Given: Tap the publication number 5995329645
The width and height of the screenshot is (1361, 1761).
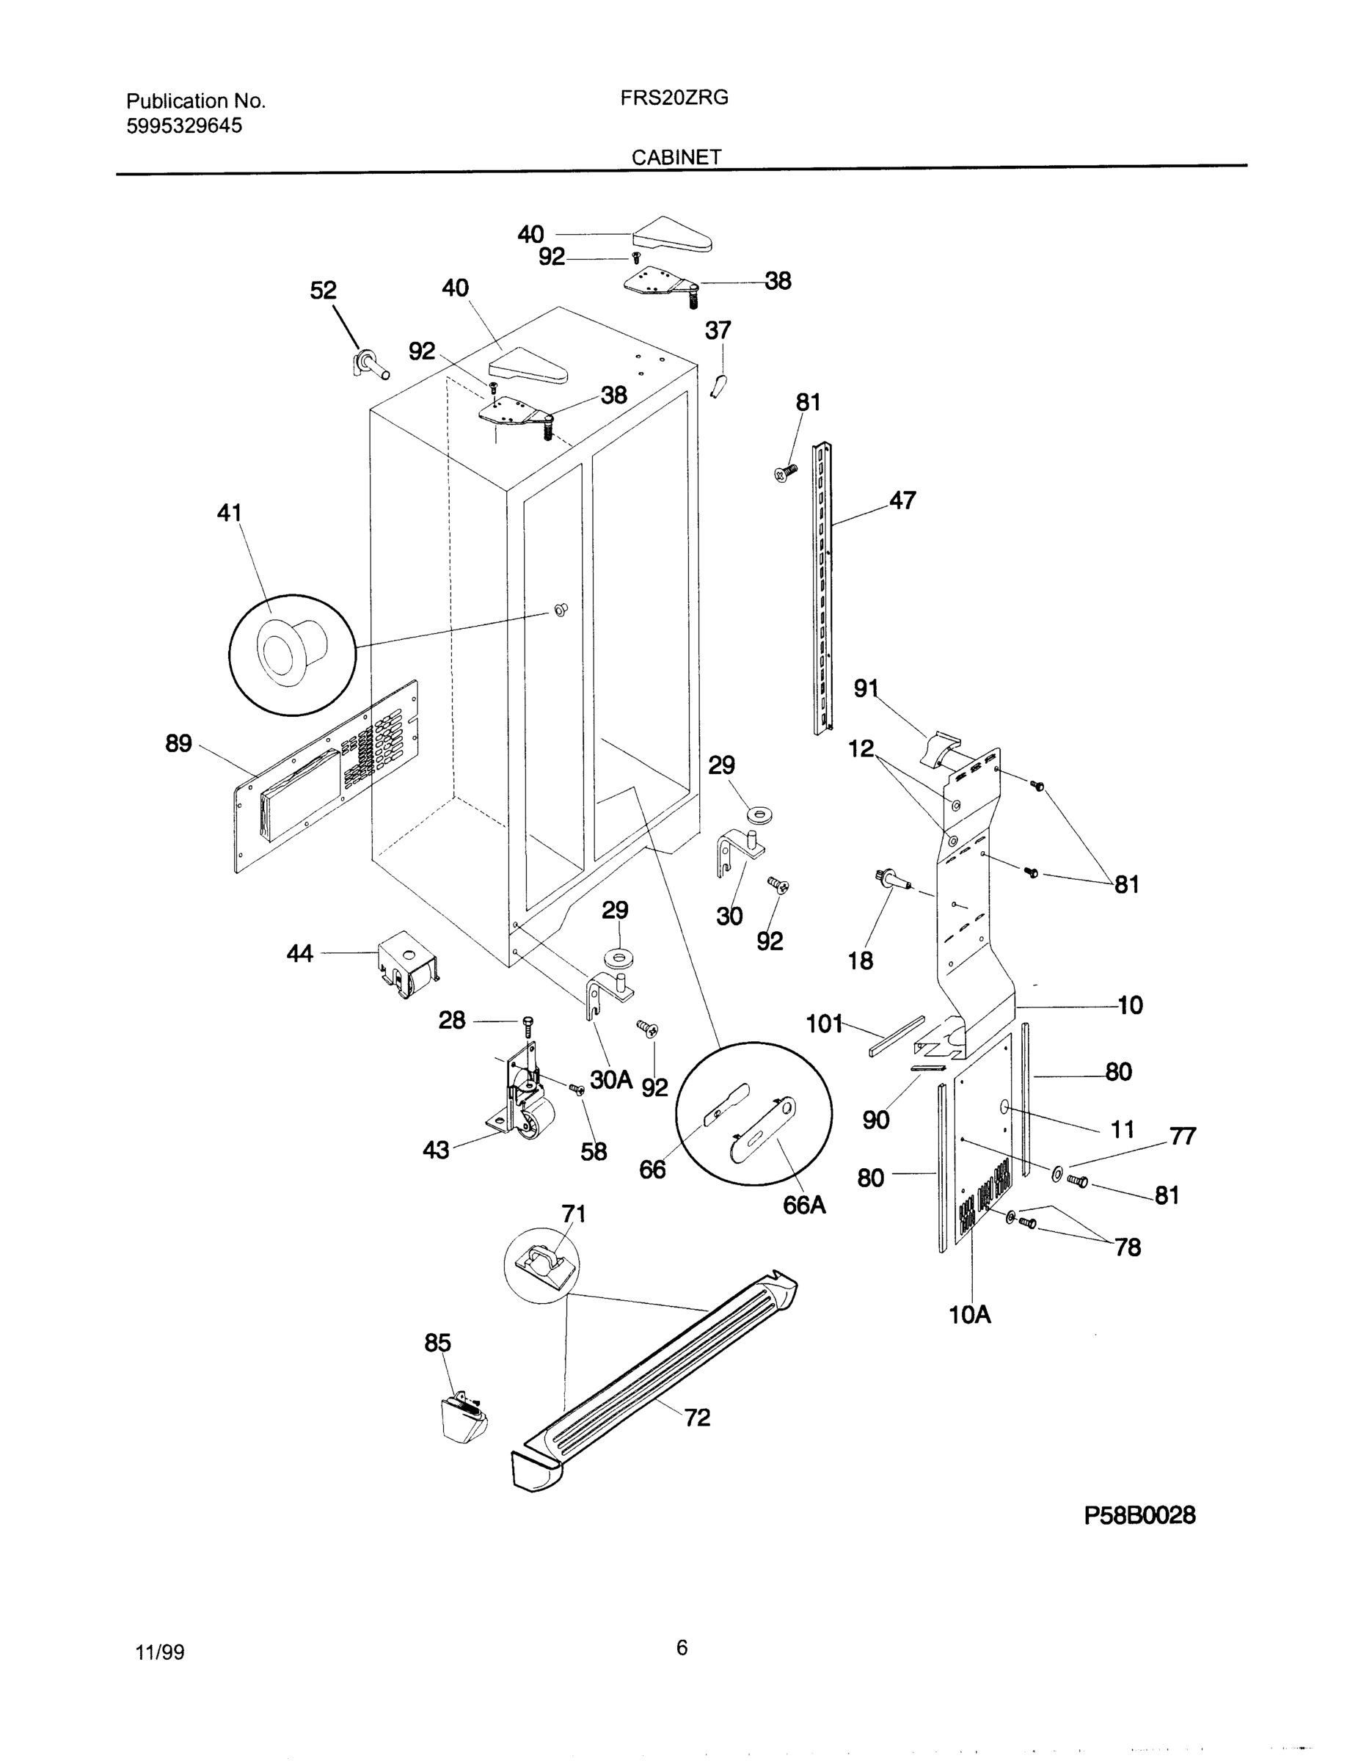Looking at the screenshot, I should tap(184, 125).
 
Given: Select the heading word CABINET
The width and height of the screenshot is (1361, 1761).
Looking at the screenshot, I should tap(676, 157).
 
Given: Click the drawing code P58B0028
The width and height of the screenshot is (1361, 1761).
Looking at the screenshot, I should tap(1139, 1515).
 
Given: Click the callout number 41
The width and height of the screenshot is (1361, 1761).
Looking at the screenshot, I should tap(230, 512).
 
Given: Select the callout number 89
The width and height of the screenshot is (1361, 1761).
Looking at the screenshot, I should tap(179, 743).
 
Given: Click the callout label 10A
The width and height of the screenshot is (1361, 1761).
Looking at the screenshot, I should tap(970, 1314).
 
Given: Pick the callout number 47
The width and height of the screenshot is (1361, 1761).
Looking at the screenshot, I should tap(902, 500).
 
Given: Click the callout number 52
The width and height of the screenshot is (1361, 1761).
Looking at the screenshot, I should tap(324, 291).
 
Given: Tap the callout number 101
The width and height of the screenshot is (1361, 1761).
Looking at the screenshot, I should tap(824, 1024).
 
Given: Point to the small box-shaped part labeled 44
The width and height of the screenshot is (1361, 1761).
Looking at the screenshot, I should tap(408, 966).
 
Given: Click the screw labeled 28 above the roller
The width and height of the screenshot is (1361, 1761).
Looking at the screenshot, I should tap(528, 1026).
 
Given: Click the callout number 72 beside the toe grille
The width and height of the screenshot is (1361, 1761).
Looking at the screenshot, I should tap(698, 1417).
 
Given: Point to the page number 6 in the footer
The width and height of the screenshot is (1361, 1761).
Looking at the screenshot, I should tap(682, 1648).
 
